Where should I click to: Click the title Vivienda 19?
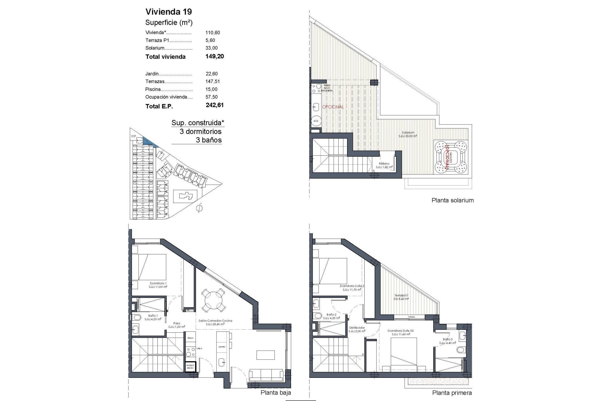click(x=168, y=12)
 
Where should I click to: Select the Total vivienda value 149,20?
click(x=214, y=56)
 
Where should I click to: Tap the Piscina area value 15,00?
click(x=211, y=89)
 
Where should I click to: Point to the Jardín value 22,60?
click(x=211, y=74)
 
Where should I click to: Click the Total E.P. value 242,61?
click(x=214, y=105)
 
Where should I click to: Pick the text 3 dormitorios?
click(x=200, y=132)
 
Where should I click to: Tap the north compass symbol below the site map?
click(x=198, y=209)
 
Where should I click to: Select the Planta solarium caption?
click(x=452, y=200)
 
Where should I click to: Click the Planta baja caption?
click(x=276, y=393)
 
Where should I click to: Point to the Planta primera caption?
click(x=452, y=393)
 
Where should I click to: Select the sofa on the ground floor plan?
click(x=267, y=375)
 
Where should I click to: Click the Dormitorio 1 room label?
click(x=158, y=284)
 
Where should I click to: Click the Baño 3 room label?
click(x=447, y=339)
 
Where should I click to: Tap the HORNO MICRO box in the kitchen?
click(x=190, y=367)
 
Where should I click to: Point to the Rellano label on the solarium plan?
click(x=384, y=164)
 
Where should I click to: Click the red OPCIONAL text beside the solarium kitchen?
click(x=333, y=107)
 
